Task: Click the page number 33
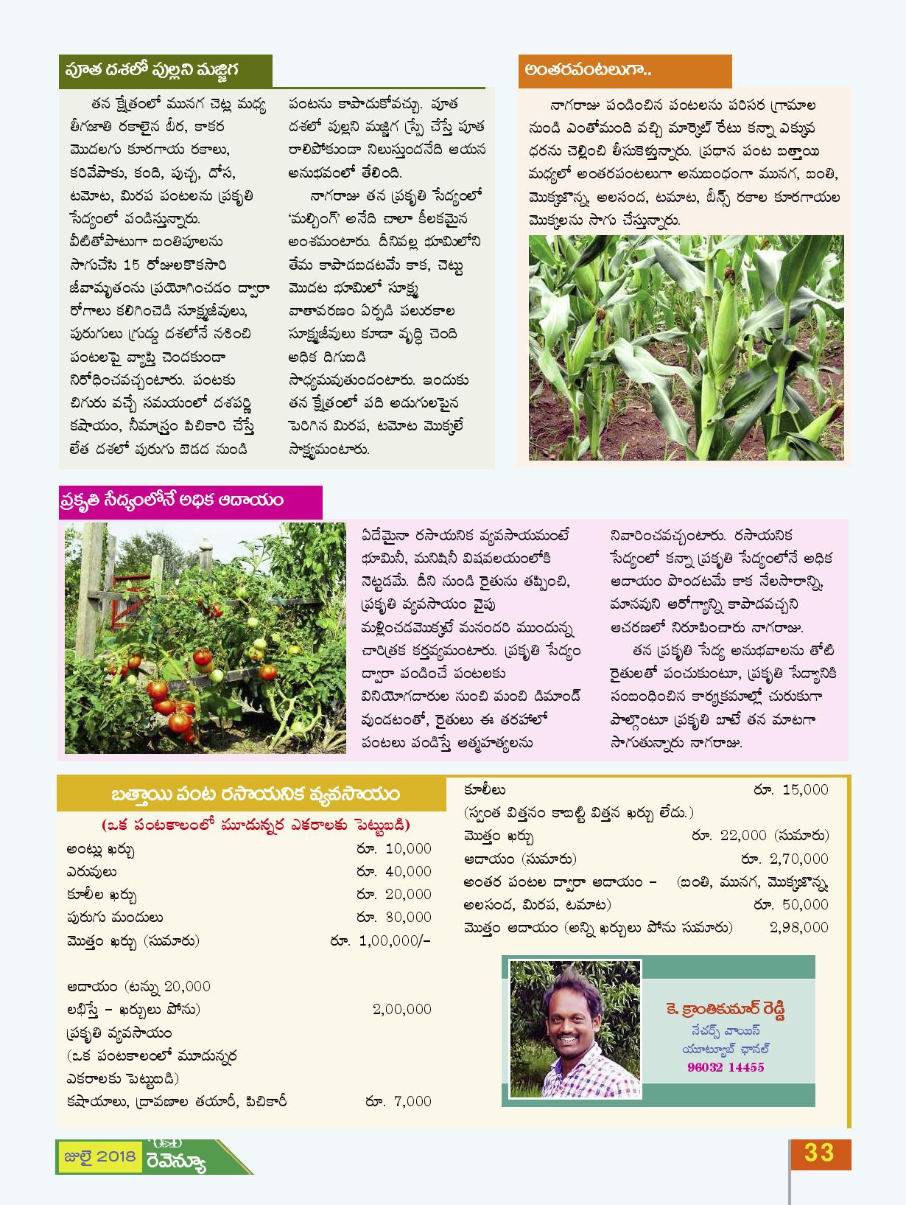[x=819, y=1153]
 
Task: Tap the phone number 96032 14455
[x=726, y=1067]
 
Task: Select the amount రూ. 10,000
[x=394, y=848]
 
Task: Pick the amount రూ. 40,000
[x=394, y=871]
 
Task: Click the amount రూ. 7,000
[x=398, y=1101]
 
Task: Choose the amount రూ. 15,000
[x=791, y=789]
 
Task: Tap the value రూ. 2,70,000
[x=784, y=859]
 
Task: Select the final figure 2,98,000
[x=799, y=927]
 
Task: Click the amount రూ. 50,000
[x=791, y=904]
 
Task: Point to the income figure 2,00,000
[x=402, y=1009]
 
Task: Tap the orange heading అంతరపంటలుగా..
[x=588, y=71]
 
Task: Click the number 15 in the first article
[x=132, y=265]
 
